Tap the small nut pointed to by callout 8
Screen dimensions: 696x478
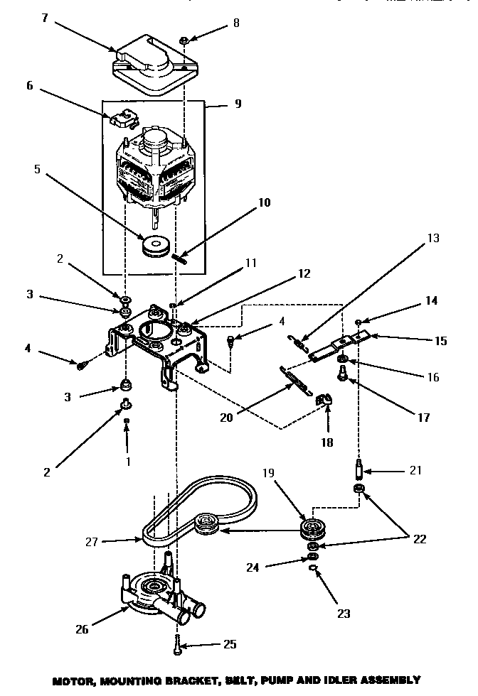tap(184, 42)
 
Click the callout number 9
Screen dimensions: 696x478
tap(237, 104)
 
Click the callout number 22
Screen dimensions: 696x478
tap(420, 539)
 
